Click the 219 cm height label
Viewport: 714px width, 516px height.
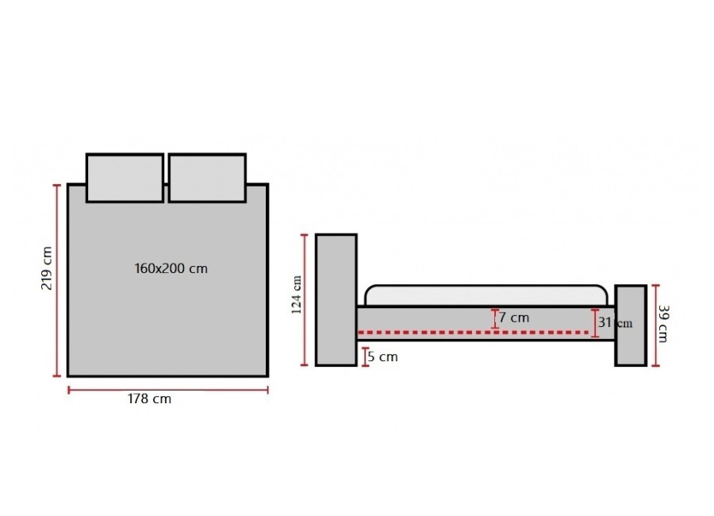coord(47,268)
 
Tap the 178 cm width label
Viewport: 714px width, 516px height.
coord(149,399)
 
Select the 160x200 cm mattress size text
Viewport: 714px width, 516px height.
coord(171,268)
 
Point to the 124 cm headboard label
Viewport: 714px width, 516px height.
coord(297,295)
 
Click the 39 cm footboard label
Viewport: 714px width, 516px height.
coord(663,324)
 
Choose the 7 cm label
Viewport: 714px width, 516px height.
coord(514,318)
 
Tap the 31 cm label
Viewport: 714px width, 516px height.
coord(615,323)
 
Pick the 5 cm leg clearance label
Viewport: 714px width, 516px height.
coord(382,357)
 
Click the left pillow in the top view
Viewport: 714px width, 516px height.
coord(125,178)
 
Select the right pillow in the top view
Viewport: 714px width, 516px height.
coord(207,178)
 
